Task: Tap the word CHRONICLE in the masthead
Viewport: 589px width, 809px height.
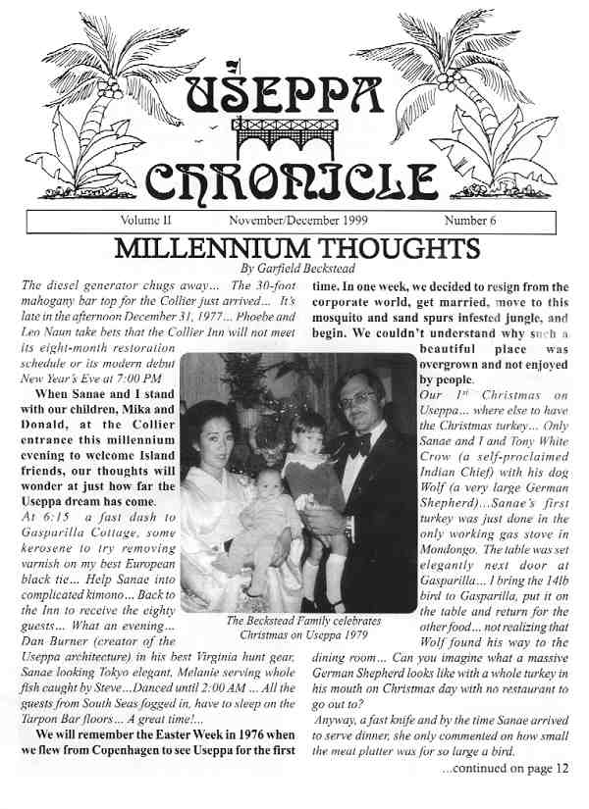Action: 291,179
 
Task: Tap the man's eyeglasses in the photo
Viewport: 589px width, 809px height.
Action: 357,400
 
